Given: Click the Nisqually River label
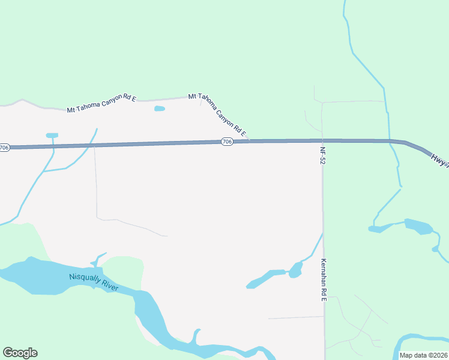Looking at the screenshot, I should click(x=94, y=283).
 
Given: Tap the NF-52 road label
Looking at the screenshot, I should click(x=323, y=155).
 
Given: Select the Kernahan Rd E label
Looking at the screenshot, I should click(x=323, y=280).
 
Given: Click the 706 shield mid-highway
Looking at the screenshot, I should click(x=226, y=142).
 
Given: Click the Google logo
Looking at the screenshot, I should click(x=20, y=353).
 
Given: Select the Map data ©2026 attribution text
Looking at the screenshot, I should click(x=424, y=355).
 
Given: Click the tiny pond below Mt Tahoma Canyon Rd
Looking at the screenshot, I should click(x=159, y=109).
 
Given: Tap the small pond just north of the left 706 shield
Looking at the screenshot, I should click(x=52, y=136).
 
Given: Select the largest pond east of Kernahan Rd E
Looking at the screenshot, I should click(x=418, y=227).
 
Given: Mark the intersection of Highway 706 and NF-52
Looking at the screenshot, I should click(x=322, y=140).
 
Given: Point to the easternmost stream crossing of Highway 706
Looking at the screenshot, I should click(x=390, y=142).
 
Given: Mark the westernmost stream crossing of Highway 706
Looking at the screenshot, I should click(x=53, y=146).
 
